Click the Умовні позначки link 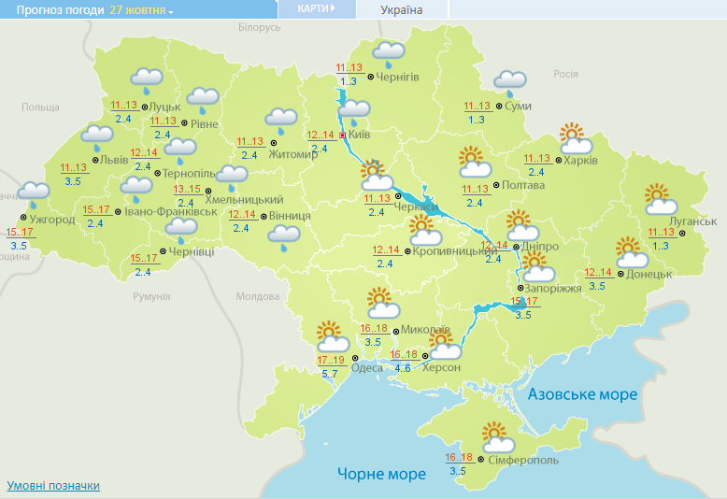[x=53, y=486]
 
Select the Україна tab [x=402, y=10]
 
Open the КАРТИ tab [x=316, y=8]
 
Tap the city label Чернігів [x=397, y=77]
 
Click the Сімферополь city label [x=523, y=461]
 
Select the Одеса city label [x=366, y=367]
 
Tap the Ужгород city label [x=52, y=220]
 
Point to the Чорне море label [x=381, y=474]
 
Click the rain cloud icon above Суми [x=509, y=82]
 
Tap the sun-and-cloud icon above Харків [x=574, y=138]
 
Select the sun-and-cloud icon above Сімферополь [x=499, y=437]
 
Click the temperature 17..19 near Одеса [x=331, y=360]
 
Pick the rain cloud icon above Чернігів [x=389, y=52]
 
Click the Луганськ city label [x=694, y=221]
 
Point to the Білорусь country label [x=259, y=27]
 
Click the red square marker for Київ [x=342, y=135]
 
